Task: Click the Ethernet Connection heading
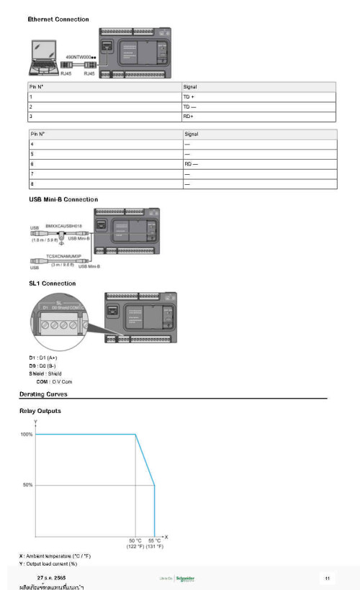tap(58, 19)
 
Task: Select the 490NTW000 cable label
tap(81, 56)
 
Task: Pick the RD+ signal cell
tap(189, 116)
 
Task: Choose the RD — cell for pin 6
tap(191, 163)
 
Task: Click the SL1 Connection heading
tap(52, 283)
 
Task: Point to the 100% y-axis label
tap(26, 435)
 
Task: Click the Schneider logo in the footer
tap(185, 578)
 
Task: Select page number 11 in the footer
tap(327, 578)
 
